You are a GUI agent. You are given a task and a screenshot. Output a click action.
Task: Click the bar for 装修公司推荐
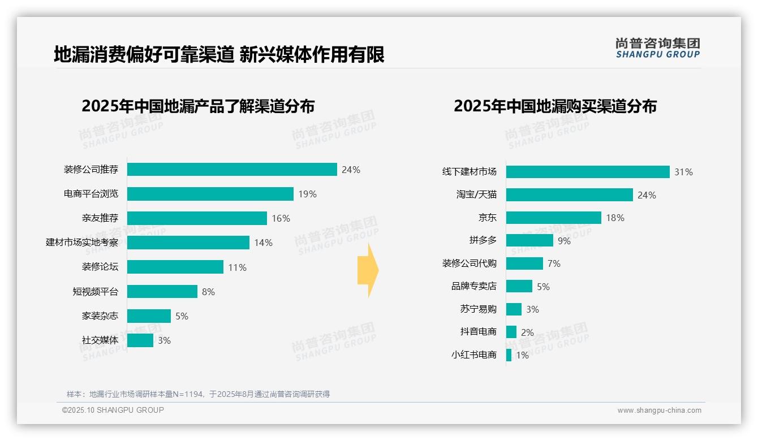coord(232,170)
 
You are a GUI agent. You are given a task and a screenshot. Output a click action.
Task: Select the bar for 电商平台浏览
coord(210,194)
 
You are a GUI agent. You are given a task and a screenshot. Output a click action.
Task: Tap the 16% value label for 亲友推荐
coord(281,218)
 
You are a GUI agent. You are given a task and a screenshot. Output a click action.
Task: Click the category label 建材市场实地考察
coord(82,243)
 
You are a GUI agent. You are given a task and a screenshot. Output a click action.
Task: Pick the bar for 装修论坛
coord(175,267)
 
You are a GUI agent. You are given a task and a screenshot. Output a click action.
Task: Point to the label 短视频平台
coord(96,292)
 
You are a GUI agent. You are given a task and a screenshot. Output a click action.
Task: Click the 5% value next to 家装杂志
coord(182,316)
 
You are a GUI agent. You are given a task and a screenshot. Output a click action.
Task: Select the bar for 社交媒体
coord(140,340)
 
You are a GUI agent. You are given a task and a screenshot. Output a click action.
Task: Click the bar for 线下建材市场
coord(588,172)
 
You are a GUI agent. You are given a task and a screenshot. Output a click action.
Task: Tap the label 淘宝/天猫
coord(476,194)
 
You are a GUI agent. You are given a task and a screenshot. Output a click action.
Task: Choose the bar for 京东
coord(553,218)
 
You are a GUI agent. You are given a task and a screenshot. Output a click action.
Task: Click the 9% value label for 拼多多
coord(564,241)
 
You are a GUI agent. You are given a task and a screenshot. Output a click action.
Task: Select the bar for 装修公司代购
coord(524,263)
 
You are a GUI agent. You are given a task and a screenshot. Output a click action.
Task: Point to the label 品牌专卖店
coord(473,287)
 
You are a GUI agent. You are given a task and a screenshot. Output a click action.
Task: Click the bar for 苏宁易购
coord(514,309)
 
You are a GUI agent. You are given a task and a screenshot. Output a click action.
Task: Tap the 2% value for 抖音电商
coord(527,332)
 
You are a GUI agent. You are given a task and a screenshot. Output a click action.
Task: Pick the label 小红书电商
coord(473,355)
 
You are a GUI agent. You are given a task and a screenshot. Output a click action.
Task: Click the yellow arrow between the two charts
coord(368,270)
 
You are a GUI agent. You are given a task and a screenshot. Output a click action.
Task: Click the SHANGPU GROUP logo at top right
coord(657,48)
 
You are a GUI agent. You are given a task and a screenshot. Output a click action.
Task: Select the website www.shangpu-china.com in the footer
coord(659,410)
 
